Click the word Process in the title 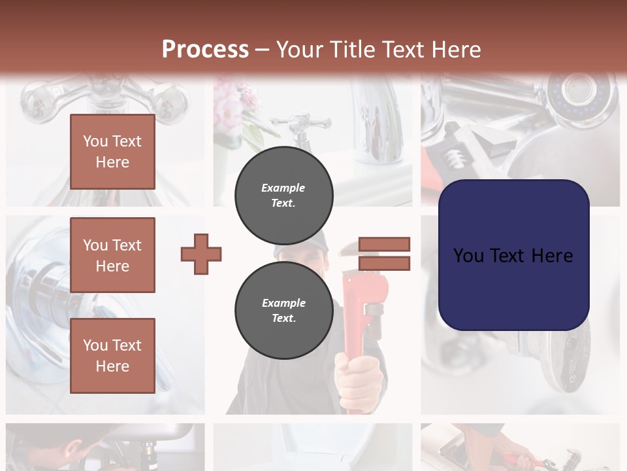point(205,49)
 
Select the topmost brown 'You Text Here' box point(112,152)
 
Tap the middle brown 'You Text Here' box point(112,255)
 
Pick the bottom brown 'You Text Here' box point(112,355)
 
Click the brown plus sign point(201,254)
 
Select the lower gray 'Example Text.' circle point(283,310)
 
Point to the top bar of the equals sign point(384,244)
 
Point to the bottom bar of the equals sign point(384,264)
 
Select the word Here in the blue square point(552,256)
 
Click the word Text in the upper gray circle point(283,203)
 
